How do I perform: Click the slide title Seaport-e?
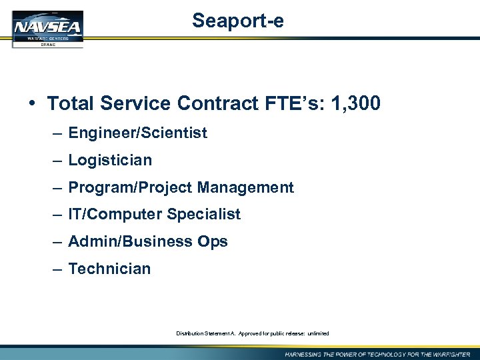238,21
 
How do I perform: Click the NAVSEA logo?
47,29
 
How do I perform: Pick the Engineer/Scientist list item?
137,133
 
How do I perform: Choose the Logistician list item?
110,160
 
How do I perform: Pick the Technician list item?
109,269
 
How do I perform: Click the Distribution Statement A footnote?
252,333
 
